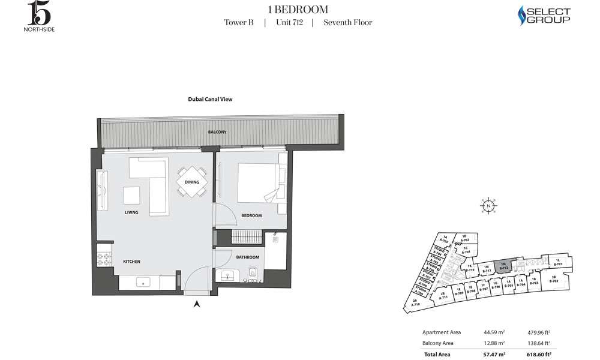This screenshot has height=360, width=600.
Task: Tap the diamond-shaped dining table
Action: coord(192,181)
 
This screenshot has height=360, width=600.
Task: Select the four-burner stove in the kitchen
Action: coord(102,260)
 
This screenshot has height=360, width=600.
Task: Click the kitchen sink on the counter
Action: coord(143,281)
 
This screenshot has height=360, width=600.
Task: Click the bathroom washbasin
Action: coord(227,277)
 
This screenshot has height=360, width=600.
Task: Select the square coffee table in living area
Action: coord(132,196)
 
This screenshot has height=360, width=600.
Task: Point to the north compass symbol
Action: coord(490,206)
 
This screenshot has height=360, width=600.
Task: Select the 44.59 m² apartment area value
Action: coord(495,332)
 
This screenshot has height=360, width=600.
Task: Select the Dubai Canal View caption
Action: coord(210,100)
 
